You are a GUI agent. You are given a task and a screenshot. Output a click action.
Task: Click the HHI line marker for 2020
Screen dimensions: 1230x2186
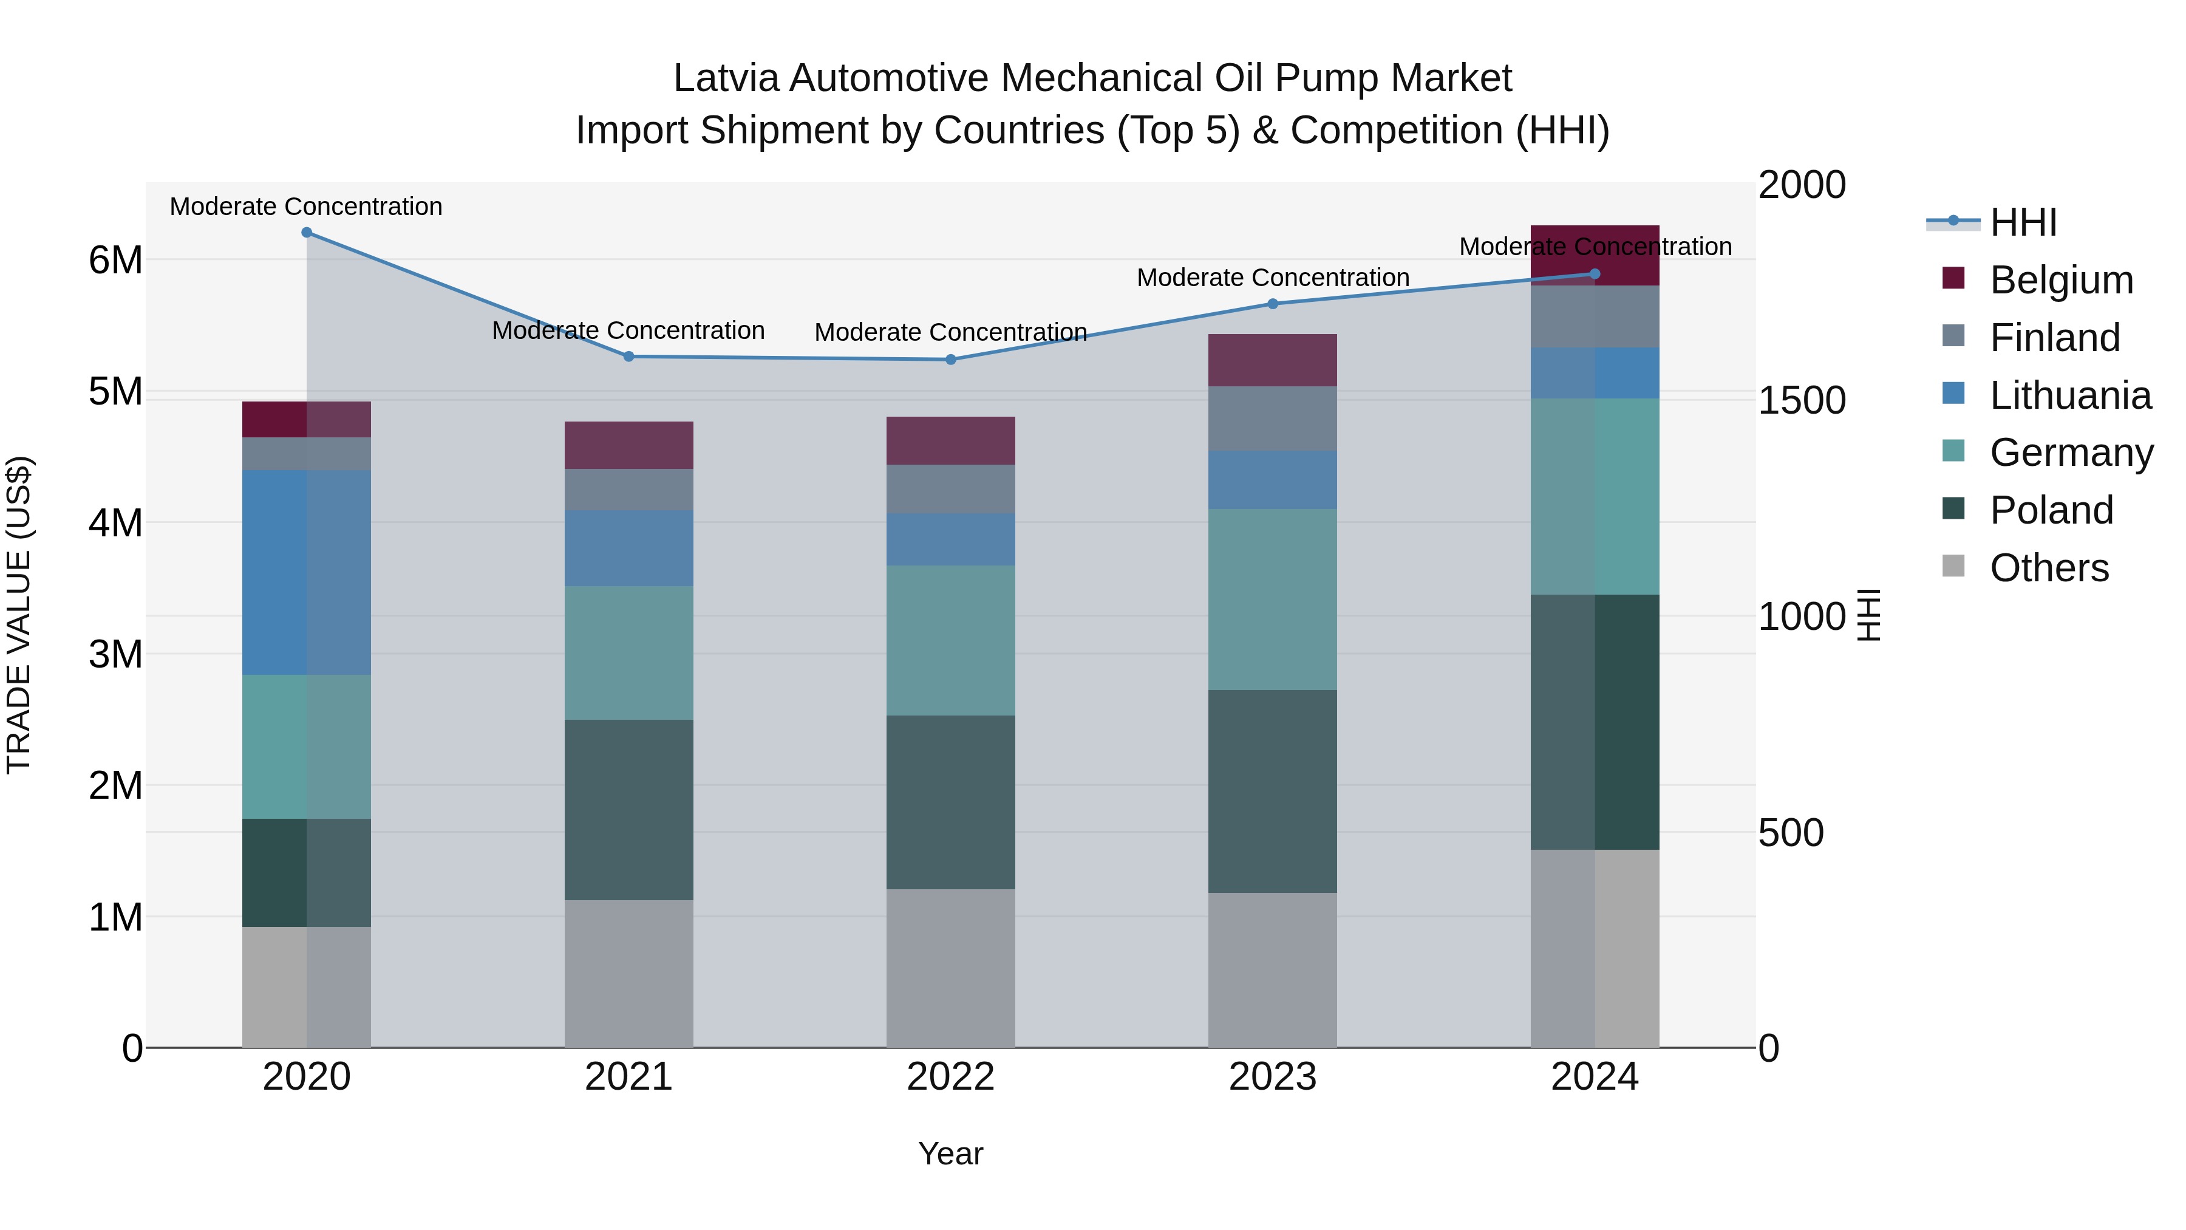pos(307,233)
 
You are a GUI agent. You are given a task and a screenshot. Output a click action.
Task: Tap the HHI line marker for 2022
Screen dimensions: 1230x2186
pos(950,360)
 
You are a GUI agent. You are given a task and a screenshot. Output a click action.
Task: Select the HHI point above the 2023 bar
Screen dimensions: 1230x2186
pos(1272,304)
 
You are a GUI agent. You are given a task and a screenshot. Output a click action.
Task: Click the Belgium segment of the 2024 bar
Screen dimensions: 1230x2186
pos(1595,255)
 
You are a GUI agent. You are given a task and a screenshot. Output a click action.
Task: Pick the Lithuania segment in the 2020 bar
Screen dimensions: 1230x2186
pos(307,572)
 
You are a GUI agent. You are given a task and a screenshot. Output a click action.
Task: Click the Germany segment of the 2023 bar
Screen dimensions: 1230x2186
pos(1272,600)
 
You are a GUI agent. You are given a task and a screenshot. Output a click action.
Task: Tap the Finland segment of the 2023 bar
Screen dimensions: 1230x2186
pos(1272,419)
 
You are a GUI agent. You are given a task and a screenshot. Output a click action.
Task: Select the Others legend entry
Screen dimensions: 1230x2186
pos(2049,568)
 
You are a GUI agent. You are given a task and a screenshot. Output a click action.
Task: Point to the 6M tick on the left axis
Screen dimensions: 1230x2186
pos(115,260)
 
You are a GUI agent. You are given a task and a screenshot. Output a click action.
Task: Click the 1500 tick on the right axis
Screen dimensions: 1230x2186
pos(1801,401)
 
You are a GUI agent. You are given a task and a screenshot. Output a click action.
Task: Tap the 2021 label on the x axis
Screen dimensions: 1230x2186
pos(629,1077)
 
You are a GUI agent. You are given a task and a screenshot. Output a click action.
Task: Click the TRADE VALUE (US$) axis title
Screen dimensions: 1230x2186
pos(19,615)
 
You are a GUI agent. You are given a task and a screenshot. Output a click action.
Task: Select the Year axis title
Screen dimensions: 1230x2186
pos(950,1153)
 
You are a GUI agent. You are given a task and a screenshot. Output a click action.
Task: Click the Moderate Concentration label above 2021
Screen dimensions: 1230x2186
pos(629,330)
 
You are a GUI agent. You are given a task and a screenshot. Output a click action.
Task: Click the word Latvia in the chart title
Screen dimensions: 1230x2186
pos(726,78)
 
